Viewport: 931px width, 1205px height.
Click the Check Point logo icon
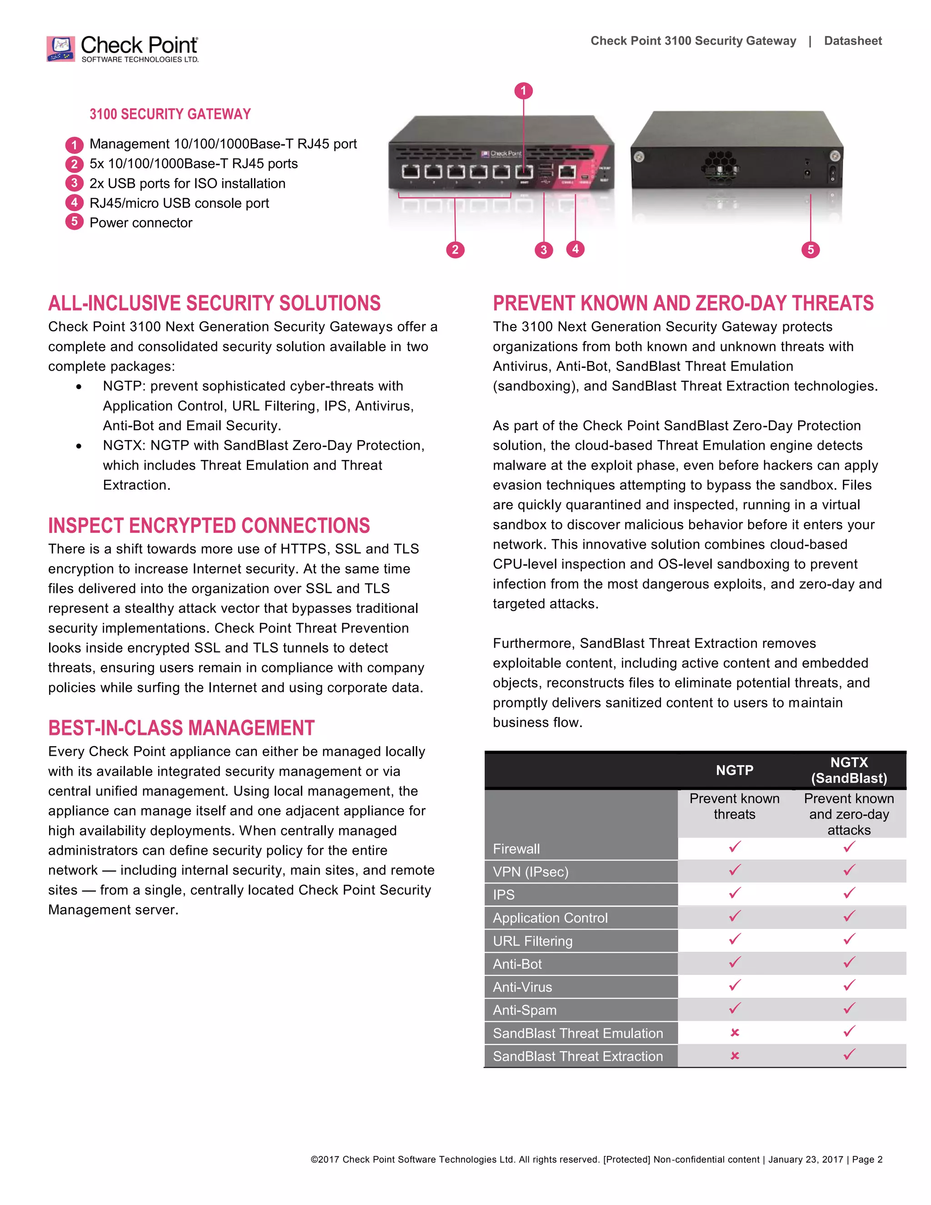pyautogui.click(x=60, y=49)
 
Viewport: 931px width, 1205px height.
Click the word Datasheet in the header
pyautogui.click(x=852, y=41)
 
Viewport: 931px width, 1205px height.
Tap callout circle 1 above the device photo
pyautogui.click(x=523, y=90)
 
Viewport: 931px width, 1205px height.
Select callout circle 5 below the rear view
pyautogui.click(x=810, y=249)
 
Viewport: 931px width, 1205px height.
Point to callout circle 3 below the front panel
pyautogui.click(x=543, y=250)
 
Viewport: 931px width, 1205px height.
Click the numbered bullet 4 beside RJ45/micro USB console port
pyautogui.click(x=74, y=202)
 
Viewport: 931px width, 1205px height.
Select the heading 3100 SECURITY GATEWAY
pyautogui.click(x=170, y=114)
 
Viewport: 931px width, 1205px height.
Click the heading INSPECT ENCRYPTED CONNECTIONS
pyautogui.click(x=209, y=525)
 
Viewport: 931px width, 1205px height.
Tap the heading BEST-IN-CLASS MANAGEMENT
pyautogui.click(x=181, y=728)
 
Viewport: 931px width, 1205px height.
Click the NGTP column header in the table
pyautogui.click(x=734, y=770)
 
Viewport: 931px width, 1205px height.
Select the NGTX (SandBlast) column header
pyautogui.click(x=848, y=770)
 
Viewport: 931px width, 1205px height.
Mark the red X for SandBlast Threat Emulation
pyautogui.click(x=734, y=1032)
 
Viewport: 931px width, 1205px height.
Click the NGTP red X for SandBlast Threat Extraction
pyautogui.click(x=734, y=1055)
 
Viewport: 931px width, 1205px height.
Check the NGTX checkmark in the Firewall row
pyautogui.click(x=849, y=847)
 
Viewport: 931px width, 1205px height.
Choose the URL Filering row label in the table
pyautogui.click(x=532, y=941)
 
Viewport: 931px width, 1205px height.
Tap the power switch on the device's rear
pyautogui.click(x=832, y=173)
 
